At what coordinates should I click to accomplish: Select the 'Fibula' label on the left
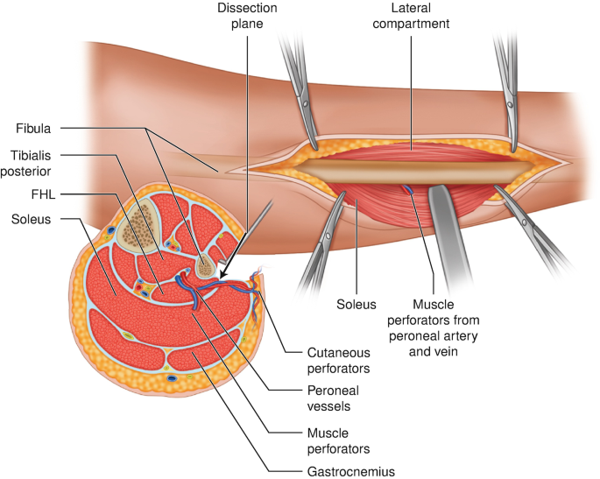click(x=30, y=130)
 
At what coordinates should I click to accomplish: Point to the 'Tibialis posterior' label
click(x=30, y=162)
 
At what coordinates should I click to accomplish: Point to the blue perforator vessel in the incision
click(x=409, y=188)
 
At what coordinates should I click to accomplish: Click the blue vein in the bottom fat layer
click(x=170, y=379)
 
